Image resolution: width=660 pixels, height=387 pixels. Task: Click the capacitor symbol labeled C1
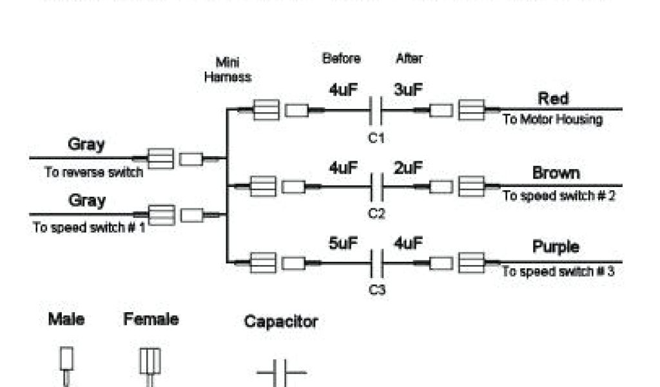[x=376, y=111]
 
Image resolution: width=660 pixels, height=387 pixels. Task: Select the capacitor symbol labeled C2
[x=376, y=187]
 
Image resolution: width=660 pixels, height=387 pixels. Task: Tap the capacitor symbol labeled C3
[x=376, y=263]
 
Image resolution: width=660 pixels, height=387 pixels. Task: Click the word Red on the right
[x=553, y=99]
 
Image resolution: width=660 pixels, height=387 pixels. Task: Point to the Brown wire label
[x=556, y=173]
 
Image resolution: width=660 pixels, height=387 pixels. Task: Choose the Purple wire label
[x=556, y=247]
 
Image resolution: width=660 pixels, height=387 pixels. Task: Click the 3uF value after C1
[x=408, y=91]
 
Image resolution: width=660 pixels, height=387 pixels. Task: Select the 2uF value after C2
[x=408, y=168]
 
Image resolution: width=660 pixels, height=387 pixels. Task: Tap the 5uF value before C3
[x=344, y=244]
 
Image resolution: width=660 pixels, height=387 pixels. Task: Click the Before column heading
[x=341, y=59]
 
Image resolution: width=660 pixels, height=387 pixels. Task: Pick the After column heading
[x=409, y=59]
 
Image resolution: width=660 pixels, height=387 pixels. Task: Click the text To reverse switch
[x=93, y=173]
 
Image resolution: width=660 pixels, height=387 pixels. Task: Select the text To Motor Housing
[x=552, y=120]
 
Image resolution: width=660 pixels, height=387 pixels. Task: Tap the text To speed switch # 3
[x=558, y=272]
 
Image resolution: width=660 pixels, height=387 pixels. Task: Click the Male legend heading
[x=66, y=319]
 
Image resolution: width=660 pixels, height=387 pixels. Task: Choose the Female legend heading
[x=151, y=319]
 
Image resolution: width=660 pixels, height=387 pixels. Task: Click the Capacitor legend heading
[x=280, y=321]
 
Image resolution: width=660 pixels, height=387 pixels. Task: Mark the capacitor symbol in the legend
[x=281, y=374]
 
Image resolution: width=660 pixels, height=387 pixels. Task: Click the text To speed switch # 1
[x=90, y=228]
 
